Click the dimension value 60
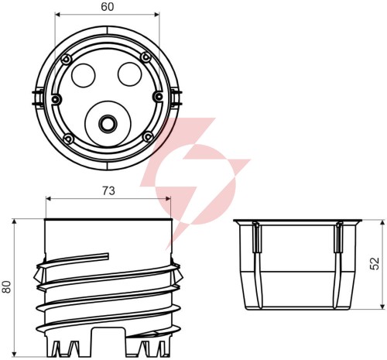108,7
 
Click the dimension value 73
108,191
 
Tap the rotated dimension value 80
6,286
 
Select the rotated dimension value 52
375,263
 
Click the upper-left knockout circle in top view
84,75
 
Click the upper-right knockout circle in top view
130,74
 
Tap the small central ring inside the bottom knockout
108,124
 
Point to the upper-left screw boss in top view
66,60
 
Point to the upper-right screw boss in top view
146,57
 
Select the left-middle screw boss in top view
56,99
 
